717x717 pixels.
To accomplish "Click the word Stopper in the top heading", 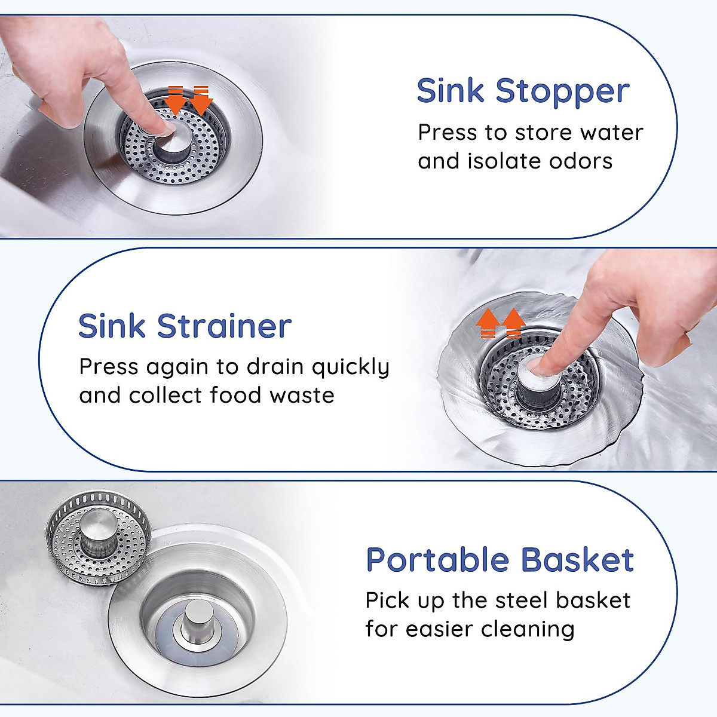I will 562,92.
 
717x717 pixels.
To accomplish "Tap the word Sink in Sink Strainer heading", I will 112,326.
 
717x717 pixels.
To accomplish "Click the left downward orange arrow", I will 176,100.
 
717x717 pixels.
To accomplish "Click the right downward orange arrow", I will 201,100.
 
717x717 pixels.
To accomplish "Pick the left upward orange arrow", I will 488,323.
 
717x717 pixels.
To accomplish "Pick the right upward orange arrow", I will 513,323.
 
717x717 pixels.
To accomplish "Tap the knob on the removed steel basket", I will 99,526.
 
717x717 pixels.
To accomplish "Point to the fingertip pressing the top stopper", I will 164,127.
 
